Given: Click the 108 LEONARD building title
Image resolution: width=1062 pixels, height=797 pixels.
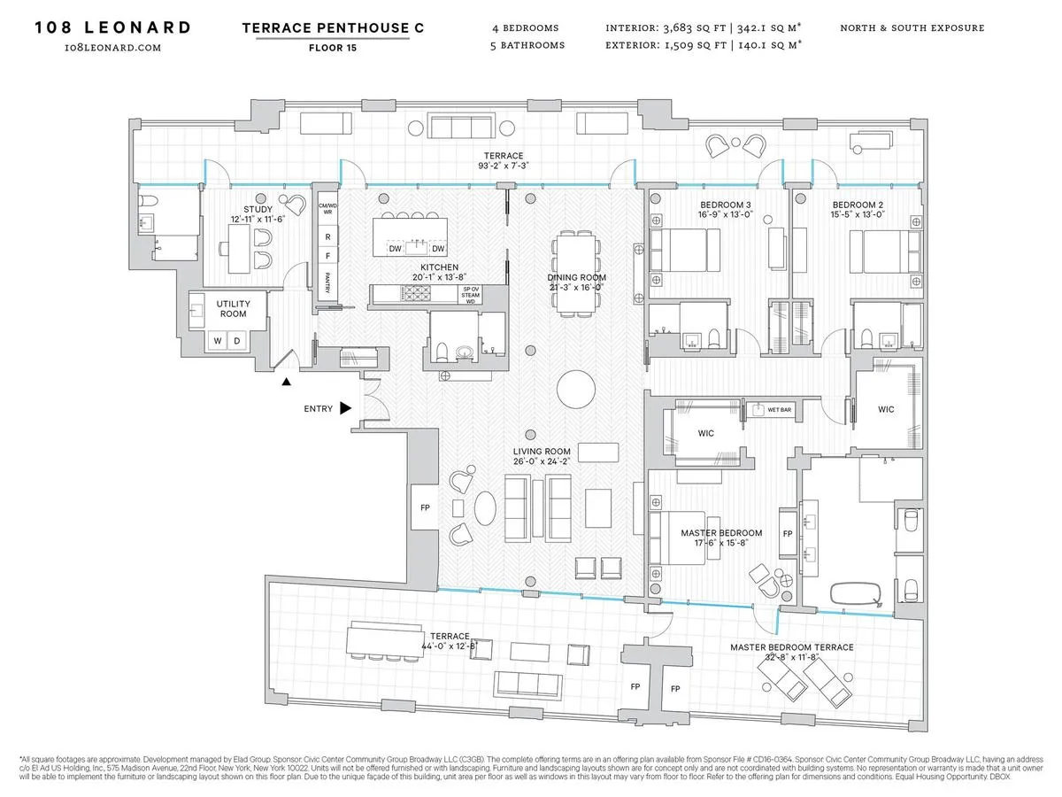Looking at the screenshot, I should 112,27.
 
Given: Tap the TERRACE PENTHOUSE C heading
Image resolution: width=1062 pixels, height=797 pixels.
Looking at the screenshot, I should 333,27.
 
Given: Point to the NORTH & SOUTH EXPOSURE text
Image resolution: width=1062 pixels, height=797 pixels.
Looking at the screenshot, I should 912,27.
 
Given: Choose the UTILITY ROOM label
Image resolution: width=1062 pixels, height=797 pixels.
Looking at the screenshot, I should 234,309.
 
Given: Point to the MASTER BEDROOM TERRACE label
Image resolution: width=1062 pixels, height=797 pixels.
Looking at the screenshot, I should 792,647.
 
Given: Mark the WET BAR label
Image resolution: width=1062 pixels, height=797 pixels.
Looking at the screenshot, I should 780,410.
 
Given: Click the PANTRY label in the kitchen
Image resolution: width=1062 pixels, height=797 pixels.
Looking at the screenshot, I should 327,282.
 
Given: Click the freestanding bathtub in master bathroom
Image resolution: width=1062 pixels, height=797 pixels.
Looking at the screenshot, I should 855,592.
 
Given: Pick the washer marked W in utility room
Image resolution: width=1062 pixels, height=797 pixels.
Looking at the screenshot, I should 215,340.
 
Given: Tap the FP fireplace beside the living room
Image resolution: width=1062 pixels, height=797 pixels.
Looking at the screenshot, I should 423,509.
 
